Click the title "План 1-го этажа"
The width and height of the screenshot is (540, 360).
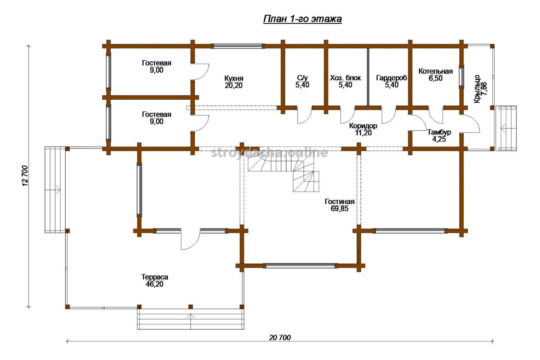302,19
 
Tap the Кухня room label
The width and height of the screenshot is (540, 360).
234,78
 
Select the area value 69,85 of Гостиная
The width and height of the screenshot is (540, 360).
339,208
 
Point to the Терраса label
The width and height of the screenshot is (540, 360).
154,277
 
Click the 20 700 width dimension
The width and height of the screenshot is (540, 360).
280,337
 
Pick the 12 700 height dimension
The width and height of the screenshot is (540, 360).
25,176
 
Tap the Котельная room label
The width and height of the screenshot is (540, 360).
436,71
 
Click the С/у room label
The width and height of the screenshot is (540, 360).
302,78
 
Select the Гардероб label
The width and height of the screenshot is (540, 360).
391,78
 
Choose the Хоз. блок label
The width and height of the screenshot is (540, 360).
345,78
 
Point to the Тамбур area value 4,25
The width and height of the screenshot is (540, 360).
439,139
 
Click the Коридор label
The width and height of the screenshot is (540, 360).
363,126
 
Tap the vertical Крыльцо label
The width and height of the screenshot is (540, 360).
477,89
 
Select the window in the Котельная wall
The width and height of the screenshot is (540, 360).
461,76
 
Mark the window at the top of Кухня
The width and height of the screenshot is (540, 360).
237,46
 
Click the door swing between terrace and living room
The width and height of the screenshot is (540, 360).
190,240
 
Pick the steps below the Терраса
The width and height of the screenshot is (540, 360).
190,319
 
